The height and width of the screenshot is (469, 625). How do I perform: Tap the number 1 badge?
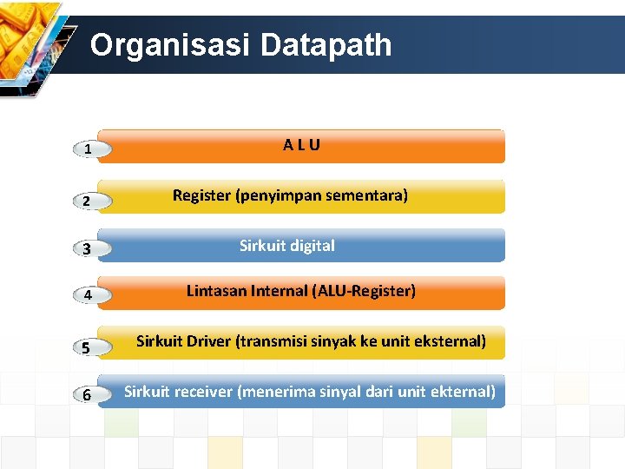coord(89,150)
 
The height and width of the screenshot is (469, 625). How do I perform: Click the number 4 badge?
coord(89,297)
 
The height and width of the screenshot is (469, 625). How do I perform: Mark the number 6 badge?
coord(89,395)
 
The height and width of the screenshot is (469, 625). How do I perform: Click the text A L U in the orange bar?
coord(301,145)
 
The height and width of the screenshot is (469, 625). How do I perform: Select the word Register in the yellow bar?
coord(201,195)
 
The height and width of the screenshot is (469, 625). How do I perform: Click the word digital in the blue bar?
coord(310,246)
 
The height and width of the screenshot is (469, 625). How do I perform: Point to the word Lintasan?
coord(216,291)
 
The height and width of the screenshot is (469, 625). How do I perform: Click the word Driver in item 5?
coord(208,341)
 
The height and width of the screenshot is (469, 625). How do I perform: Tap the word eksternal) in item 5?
coord(448,341)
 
